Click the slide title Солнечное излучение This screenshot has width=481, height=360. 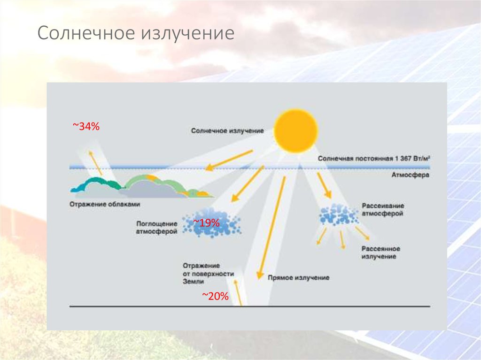(136, 33)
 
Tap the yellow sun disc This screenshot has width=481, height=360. (295, 130)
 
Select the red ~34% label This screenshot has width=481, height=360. (86, 126)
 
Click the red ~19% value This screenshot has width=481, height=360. (206, 223)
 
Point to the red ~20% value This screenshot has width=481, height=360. (215, 296)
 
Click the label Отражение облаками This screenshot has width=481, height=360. (105, 204)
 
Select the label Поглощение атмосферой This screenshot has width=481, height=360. (157, 228)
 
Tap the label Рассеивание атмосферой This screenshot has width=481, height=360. (383, 209)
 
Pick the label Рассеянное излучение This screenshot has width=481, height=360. (380, 253)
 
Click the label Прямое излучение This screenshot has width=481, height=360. (298, 278)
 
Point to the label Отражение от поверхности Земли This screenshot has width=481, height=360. (208, 274)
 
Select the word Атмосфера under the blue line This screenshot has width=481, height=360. (411, 175)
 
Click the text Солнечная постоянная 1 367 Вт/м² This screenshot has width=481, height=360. (373, 159)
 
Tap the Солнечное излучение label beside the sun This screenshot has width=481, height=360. (227, 131)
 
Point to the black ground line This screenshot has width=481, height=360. (250, 306)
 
